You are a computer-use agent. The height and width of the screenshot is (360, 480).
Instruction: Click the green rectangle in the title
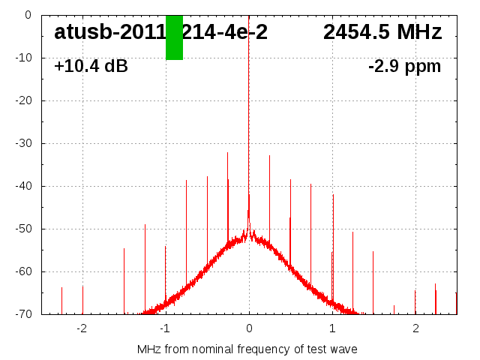point(174,37)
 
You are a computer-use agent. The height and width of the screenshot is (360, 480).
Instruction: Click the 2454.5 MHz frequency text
point(382,32)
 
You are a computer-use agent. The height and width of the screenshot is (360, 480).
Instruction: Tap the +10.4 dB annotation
point(91,66)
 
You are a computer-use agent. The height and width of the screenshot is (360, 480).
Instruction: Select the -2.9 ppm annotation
point(404,66)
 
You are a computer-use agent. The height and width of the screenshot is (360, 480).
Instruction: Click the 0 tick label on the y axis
point(28,15)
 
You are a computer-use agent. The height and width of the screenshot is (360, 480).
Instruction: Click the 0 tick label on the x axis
point(249,328)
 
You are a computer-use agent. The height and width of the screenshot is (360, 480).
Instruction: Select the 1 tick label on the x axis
point(332,328)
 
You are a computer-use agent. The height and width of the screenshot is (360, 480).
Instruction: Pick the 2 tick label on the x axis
point(415,328)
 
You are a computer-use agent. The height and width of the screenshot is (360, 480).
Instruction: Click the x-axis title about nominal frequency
point(247,349)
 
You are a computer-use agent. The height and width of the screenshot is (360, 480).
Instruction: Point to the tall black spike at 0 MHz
point(249,112)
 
